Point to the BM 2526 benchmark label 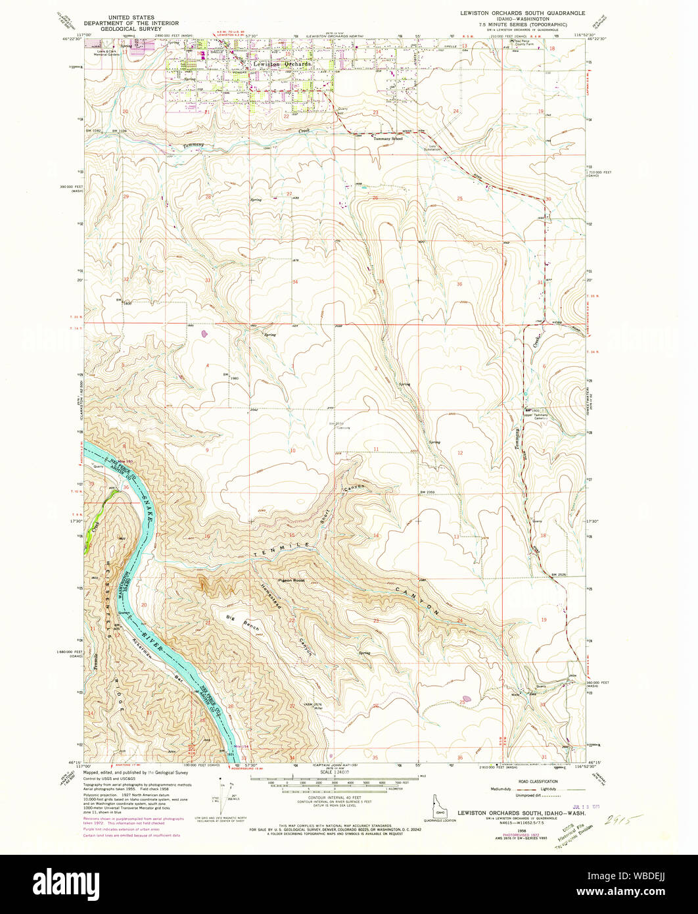(x=559, y=576)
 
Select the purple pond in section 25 (x=467, y=699)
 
